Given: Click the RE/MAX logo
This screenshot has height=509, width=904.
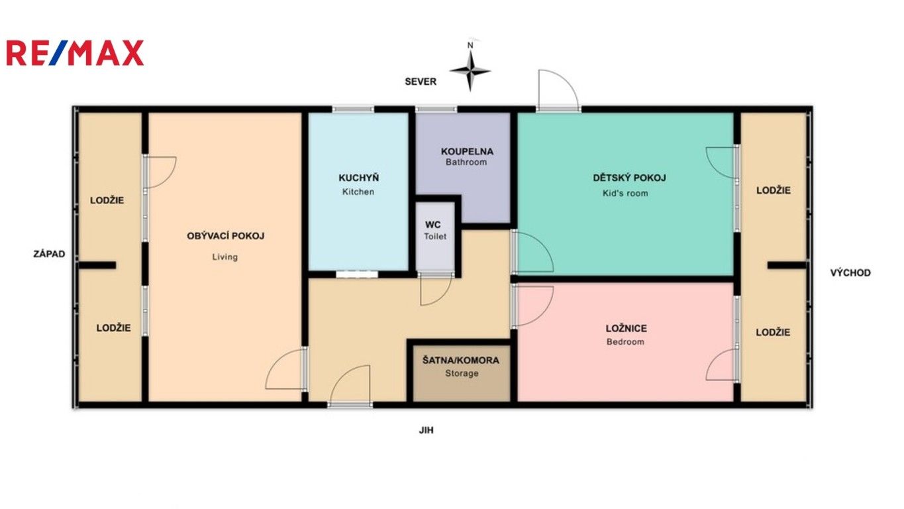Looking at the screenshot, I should pyautogui.click(x=75, y=53).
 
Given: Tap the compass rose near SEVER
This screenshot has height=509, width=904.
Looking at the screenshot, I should pyautogui.click(x=470, y=70).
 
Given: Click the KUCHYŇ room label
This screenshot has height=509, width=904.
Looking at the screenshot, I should pyautogui.click(x=358, y=178).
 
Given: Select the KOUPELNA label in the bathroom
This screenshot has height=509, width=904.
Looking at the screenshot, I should pyautogui.click(x=467, y=151).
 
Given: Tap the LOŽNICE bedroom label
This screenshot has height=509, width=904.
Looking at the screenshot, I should pyautogui.click(x=626, y=328).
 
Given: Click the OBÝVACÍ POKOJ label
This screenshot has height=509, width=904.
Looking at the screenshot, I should pyautogui.click(x=225, y=236).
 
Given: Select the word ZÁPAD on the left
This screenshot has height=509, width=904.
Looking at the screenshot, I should pyautogui.click(x=50, y=254).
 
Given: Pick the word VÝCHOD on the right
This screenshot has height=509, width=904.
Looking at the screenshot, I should pyautogui.click(x=850, y=272).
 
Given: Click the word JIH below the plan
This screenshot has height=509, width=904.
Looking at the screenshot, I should pyautogui.click(x=427, y=430).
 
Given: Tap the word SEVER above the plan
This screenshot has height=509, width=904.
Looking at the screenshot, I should pyautogui.click(x=421, y=82).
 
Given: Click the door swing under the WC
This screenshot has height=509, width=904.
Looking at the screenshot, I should pyautogui.click(x=436, y=290).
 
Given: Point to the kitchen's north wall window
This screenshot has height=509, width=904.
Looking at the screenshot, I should pyautogui.click(x=353, y=109).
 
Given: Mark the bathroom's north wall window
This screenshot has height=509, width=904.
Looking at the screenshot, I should pyautogui.click(x=436, y=109).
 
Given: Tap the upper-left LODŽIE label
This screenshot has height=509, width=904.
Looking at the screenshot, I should pyautogui.click(x=107, y=199).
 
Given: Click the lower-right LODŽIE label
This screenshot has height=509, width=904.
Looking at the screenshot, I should pyautogui.click(x=773, y=332).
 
